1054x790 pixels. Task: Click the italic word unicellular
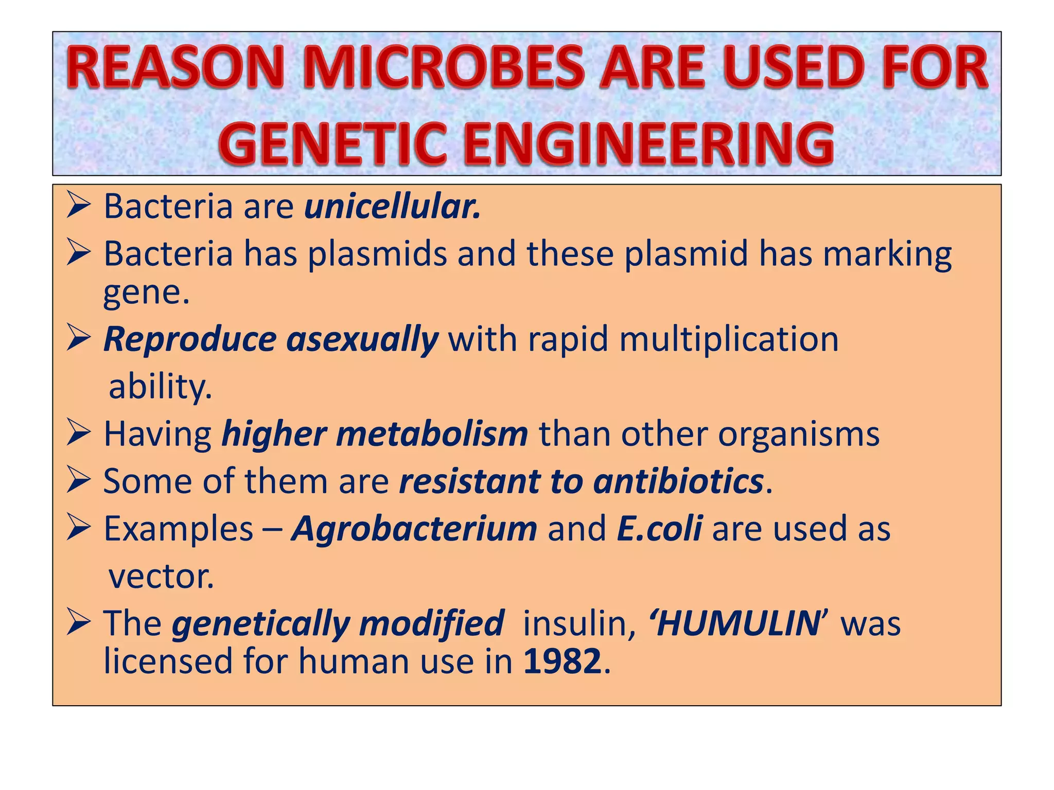point(392,207)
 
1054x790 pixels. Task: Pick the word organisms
point(798,434)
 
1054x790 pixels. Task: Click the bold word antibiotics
point(678,481)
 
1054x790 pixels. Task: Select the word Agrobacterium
point(414,529)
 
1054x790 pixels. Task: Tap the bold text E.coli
point(659,529)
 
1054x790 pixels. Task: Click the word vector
point(161,577)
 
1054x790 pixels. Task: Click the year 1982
point(562,661)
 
